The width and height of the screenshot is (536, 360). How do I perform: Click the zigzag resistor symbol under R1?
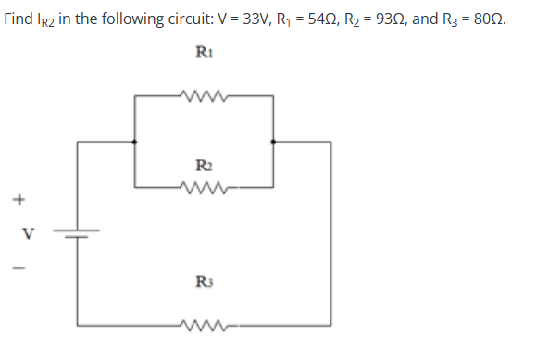(x=205, y=93)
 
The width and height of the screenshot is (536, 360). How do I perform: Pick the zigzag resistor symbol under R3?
(x=205, y=324)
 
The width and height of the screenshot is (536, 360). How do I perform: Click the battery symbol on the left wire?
(x=78, y=233)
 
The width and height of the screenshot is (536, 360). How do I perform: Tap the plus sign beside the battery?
(x=17, y=198)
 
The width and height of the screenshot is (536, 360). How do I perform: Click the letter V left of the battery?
(x=17, y=233)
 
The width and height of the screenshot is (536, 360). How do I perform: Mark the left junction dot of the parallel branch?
(x=135, y=142)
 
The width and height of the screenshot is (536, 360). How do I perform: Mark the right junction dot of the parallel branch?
(x=272, y=142)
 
